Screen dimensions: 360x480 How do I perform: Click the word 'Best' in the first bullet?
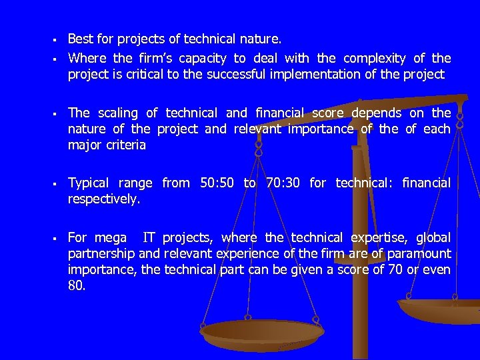point(80,40)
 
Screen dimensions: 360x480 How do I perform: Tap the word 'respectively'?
point(104,199)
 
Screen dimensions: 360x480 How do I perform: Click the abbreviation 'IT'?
point(151,237)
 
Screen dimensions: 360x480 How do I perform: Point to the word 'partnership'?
point(102,253)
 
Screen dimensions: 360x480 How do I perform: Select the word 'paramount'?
point(421,253)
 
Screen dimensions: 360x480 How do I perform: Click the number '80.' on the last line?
point(77,285)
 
